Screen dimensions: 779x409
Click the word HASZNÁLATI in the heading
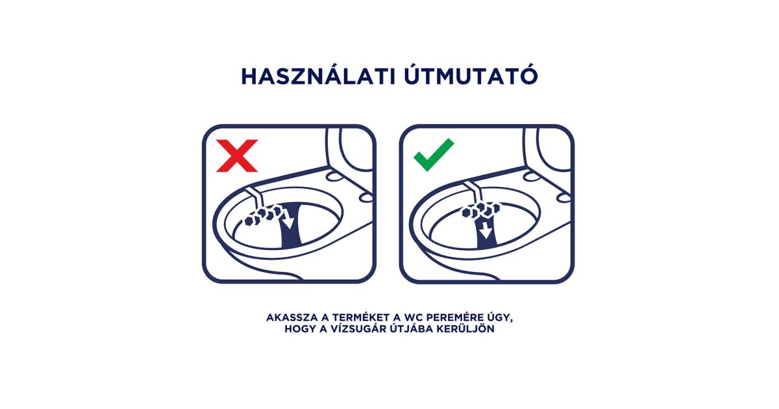coord(319,76)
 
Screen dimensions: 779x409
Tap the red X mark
coord(237,156)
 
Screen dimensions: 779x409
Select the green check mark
coord(434,155)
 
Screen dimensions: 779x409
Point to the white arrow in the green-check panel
coord(486,230)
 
